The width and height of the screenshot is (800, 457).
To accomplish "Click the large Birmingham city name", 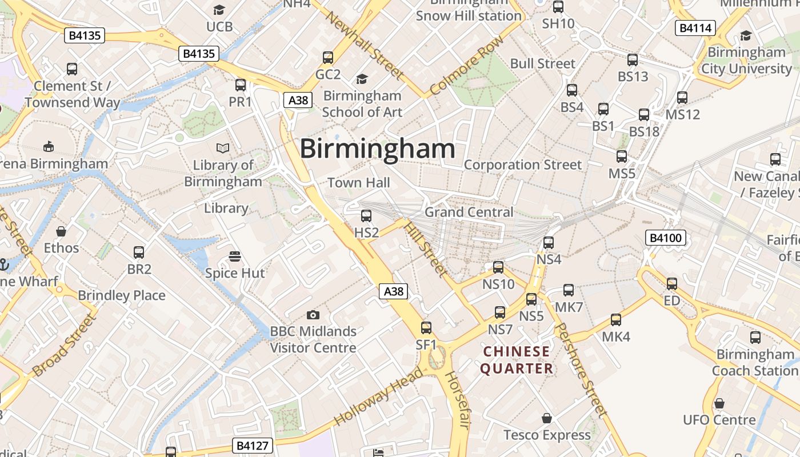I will pyautogui.click(x=377, y=149).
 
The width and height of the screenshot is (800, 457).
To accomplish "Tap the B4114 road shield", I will pyautogui.click(x=695, y=28).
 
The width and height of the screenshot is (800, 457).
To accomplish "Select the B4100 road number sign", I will pyautogui.click(x=665, y=238).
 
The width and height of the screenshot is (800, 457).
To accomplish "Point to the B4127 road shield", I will pyautogui.click(x=253, y=446).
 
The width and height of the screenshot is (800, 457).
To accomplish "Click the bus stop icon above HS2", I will pyautogui.click(x=366, y=216).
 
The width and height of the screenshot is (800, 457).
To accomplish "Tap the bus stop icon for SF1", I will pyautogui.click(x=426, y=328).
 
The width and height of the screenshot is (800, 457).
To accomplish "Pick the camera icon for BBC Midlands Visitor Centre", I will pyautogui.click(x=313, y=315).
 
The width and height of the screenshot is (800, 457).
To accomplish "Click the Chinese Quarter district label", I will pyautogui.click(x=517, y=360).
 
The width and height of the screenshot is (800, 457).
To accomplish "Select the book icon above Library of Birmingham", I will pyautogui.click(x=223, y=149).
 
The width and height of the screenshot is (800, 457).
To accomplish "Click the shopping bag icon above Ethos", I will pyautogui.click(x=61, y=231).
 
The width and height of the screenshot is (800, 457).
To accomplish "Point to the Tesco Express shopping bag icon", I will pyautogui.click(x=547, y=418).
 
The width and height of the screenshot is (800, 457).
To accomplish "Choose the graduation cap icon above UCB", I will pyautogui.click(x=219, y=10).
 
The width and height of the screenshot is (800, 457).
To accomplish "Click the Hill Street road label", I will pyautogui.click(x=425, y=249).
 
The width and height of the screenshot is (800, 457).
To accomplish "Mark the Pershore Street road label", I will pyautogui.click(x=581, y=369).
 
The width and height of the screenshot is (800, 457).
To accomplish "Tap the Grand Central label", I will pyautogui.click(x=469, y=212).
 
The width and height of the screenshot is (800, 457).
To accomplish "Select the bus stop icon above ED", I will pyautogui.click(x=672, y=283).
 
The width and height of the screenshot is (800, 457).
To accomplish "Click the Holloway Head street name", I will pyautogui.click(x=379, y=396).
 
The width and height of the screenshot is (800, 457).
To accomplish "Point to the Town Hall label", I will pyautogui.click(x=359, y=183).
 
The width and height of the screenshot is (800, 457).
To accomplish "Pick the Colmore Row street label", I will pyautogui.click(x=467, y=66).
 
